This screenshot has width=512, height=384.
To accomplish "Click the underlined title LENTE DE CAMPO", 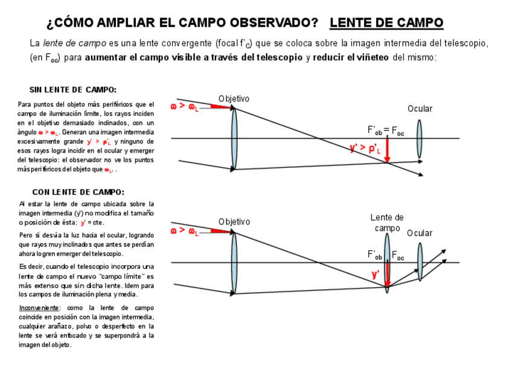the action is pyautogui.click(x=386, y=23).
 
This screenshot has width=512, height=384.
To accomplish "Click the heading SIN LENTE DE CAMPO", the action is pyautogui.click(x=73, y=90).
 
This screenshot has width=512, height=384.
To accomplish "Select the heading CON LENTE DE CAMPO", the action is pyautogui.click(x=78, y=193).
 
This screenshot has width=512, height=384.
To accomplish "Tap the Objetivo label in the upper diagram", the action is pyautogui.click(x=234, y=99).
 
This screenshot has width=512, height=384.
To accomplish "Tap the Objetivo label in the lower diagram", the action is pyautogui.click(x=234, y=222).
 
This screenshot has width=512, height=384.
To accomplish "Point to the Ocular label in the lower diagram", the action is pyautogui.click(x=420, y=233).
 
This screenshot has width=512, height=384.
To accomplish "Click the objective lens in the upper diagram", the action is pyautogui.click(x=234, y=138).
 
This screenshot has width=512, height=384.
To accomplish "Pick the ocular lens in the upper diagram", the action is pyautogui.click(x=419, y=139).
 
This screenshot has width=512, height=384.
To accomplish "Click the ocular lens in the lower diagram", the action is pyautogui.click(x=420, y=262).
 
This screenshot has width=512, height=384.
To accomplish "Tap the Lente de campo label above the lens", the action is pyautogui.click(x=387, y=222).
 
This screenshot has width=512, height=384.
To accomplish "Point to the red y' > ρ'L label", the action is pyautogui.click(x=365, y=147).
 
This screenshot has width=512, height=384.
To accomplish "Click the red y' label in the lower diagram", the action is pyautogui.click(x=376, y=274).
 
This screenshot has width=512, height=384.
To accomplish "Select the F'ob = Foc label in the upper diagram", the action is pyautogui.click(x=385, y=130).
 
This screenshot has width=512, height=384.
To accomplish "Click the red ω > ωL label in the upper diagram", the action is pyautogui.click(x=184, y=107).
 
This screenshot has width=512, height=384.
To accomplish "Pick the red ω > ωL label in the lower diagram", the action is pyautogui.click(x=184, y=231).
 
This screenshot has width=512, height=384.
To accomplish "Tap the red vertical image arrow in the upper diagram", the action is pyautogui.click(x=387, y=150).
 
